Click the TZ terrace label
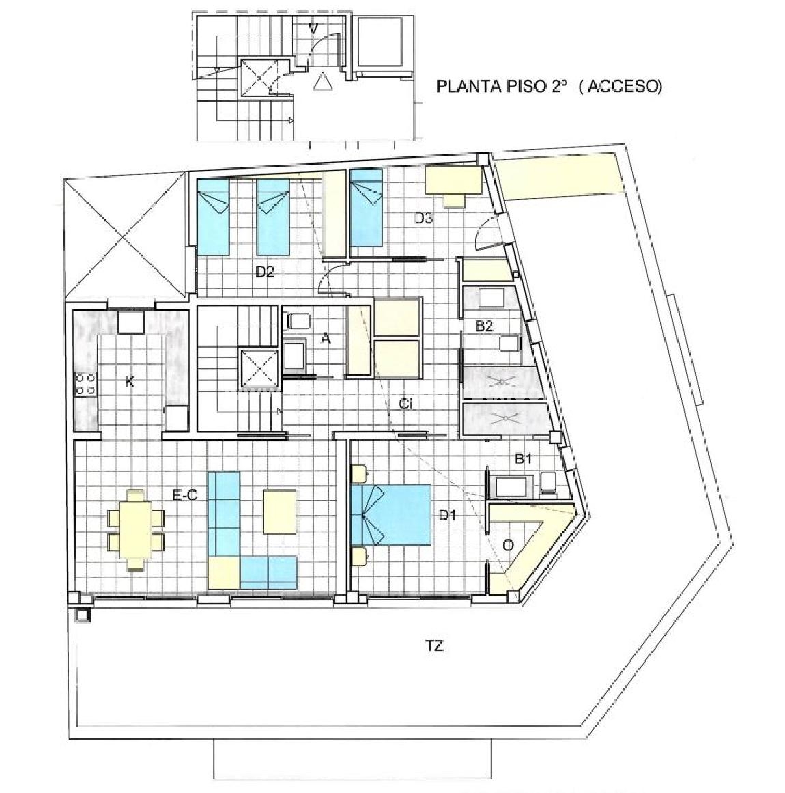(x=434, y=646)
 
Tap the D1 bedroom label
(x=447, y=516)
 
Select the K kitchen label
(x=130, y=382)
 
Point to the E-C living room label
(x=184, y=496)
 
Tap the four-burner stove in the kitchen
(x=85, y=383)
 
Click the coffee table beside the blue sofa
(x=279, y=512)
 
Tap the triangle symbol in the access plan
(x=322, y=82)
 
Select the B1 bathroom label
(x=523, y=459)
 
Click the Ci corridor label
(x=407, y=404)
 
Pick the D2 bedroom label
(x=264, y=272)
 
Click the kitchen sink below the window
(x=131, y=322)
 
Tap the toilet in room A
(x=298, y=320)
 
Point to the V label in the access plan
(x=313, y=29)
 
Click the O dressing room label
(x=509, y=545)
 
